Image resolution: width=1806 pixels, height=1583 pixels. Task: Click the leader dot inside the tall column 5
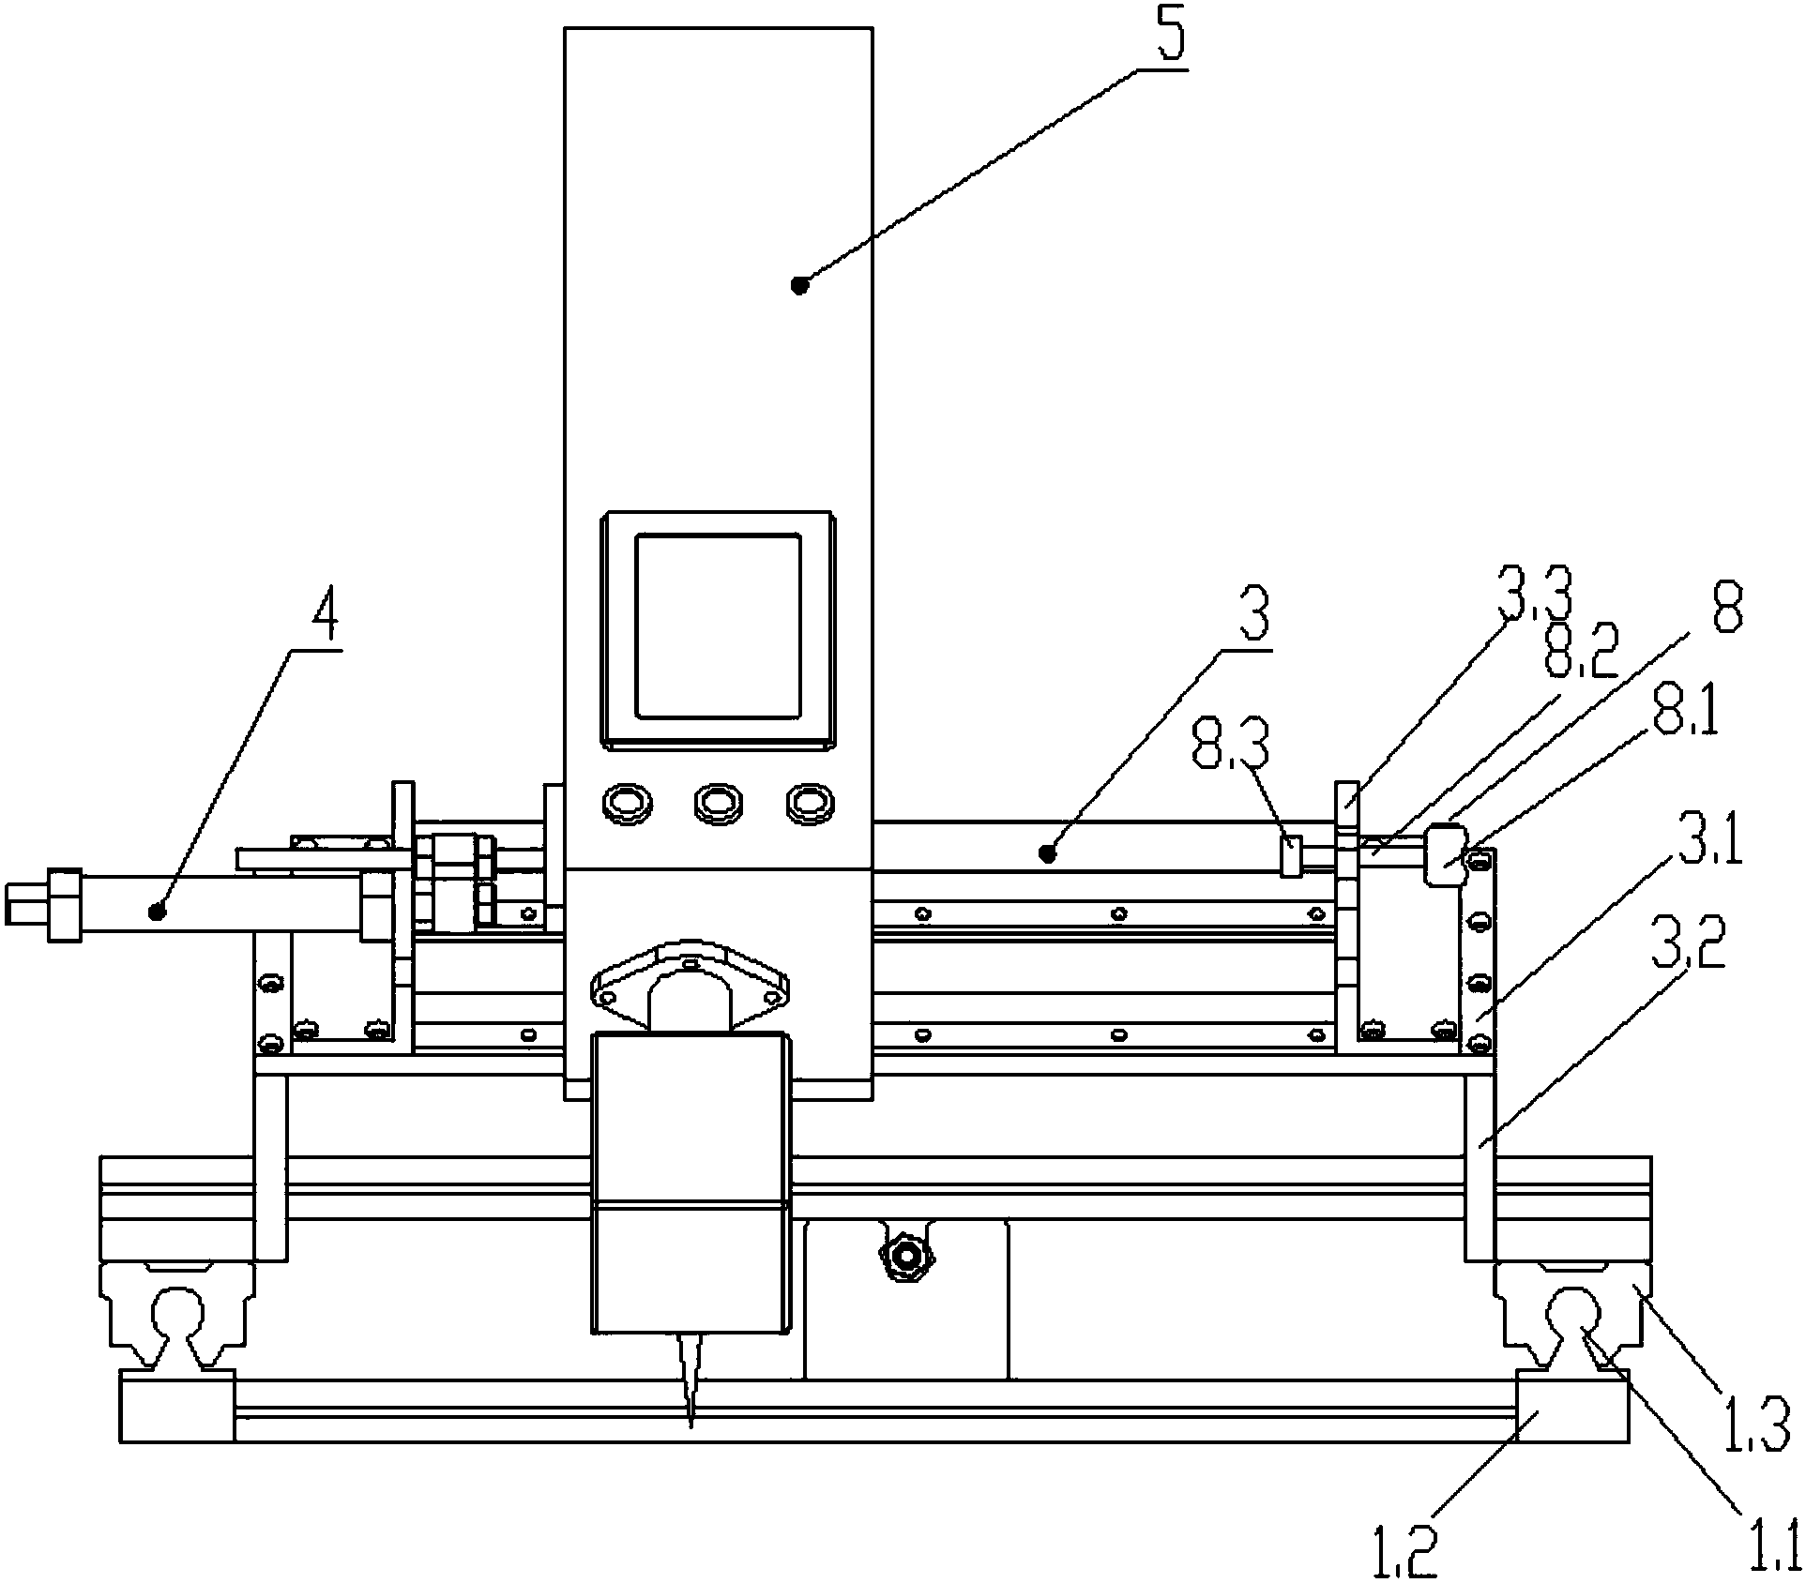(799, 285)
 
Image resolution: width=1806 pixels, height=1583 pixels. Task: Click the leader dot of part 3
(1046, 852)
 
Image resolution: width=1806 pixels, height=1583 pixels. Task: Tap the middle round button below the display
(717, 803)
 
